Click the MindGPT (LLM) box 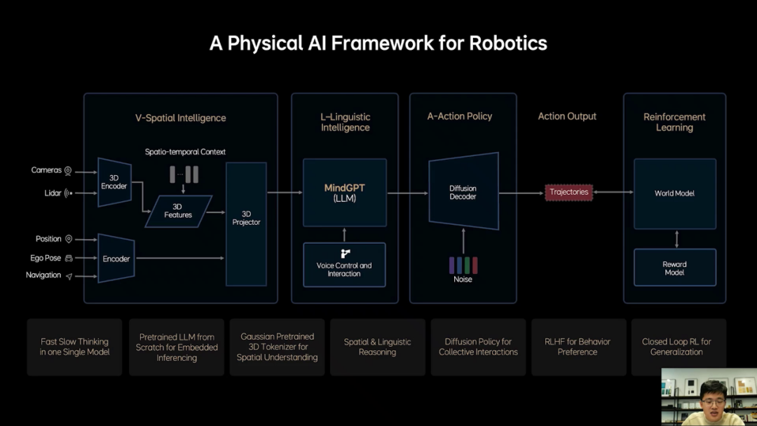tap(344, 193)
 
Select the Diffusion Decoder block tap(463, 192)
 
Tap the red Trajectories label tap(568, 192)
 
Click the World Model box tap(674, 193)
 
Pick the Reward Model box tap(674, 268)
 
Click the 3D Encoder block tap(114, 182)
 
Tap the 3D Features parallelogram tap(178, 211)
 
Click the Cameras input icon tap(68, 170)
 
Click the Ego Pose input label tap(46, 258)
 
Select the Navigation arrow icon tap(69, 276)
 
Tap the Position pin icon tap(69, 239)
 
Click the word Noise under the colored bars tap(463, 280)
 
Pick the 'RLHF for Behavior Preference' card tap(578, 347)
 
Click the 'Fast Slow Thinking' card tap(74, 347)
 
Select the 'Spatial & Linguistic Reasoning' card tap(377, 347)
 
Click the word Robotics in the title tap(508, 43)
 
